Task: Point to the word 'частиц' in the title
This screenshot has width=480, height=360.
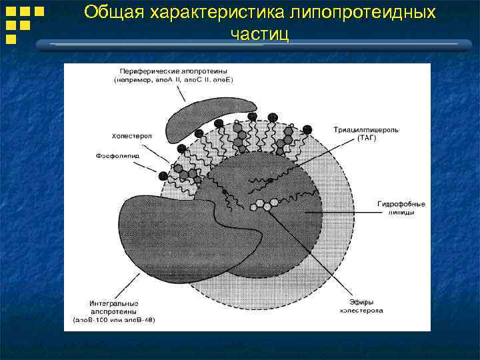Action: pyautogui.click(x=259, y=34)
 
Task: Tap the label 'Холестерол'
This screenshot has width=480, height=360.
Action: pyautogui.click(x=131, y=135)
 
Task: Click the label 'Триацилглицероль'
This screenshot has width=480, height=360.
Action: pyautogui.click(x=366, y=129)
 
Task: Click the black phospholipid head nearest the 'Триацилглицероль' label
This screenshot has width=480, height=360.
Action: pyautogui.click(x=307, y=129)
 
